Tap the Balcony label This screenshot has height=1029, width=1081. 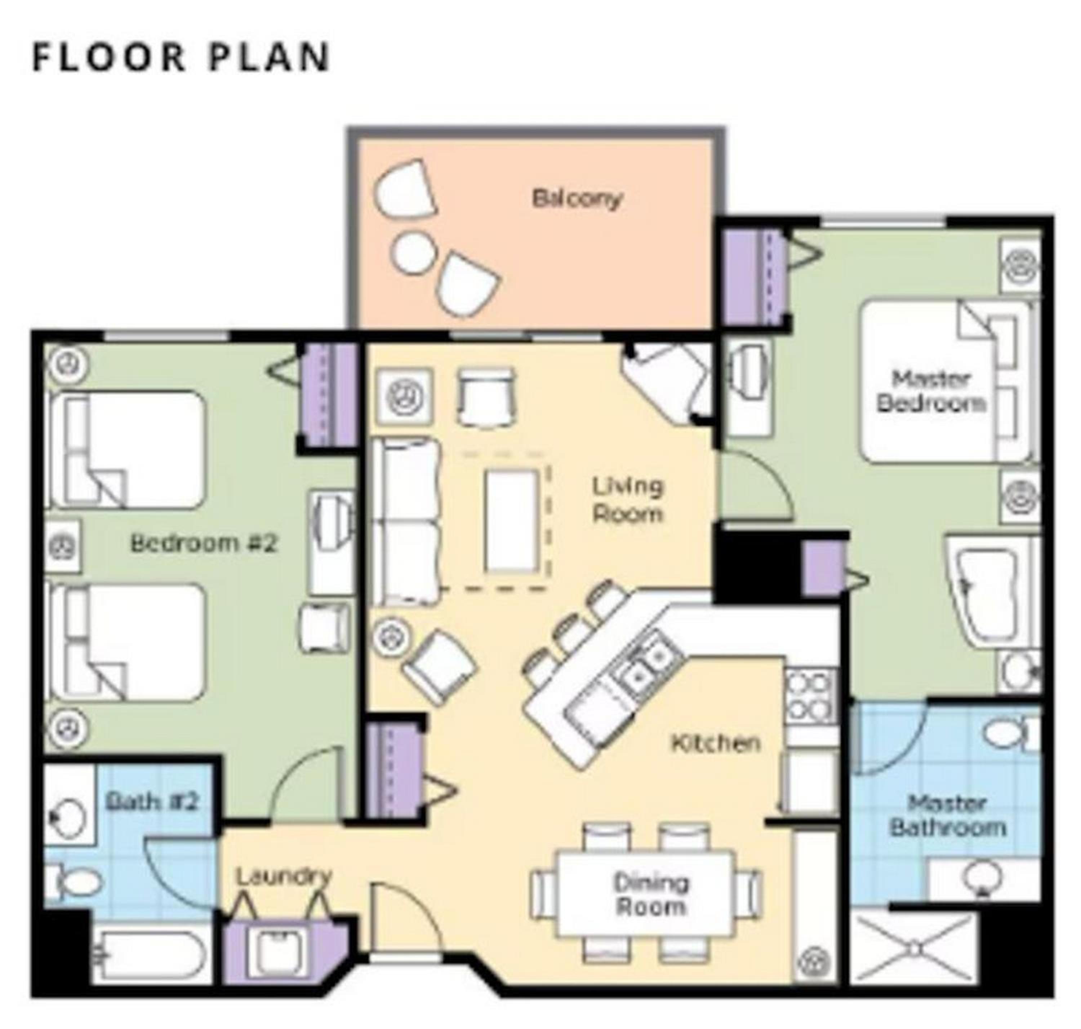point(577,199)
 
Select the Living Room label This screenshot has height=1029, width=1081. point(628,500)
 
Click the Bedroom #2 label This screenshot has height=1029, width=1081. point(204,543)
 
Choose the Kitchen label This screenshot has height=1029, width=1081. point(716,743)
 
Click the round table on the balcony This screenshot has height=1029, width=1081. point(413,252)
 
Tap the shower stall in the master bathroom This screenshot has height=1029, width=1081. point(913,949)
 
